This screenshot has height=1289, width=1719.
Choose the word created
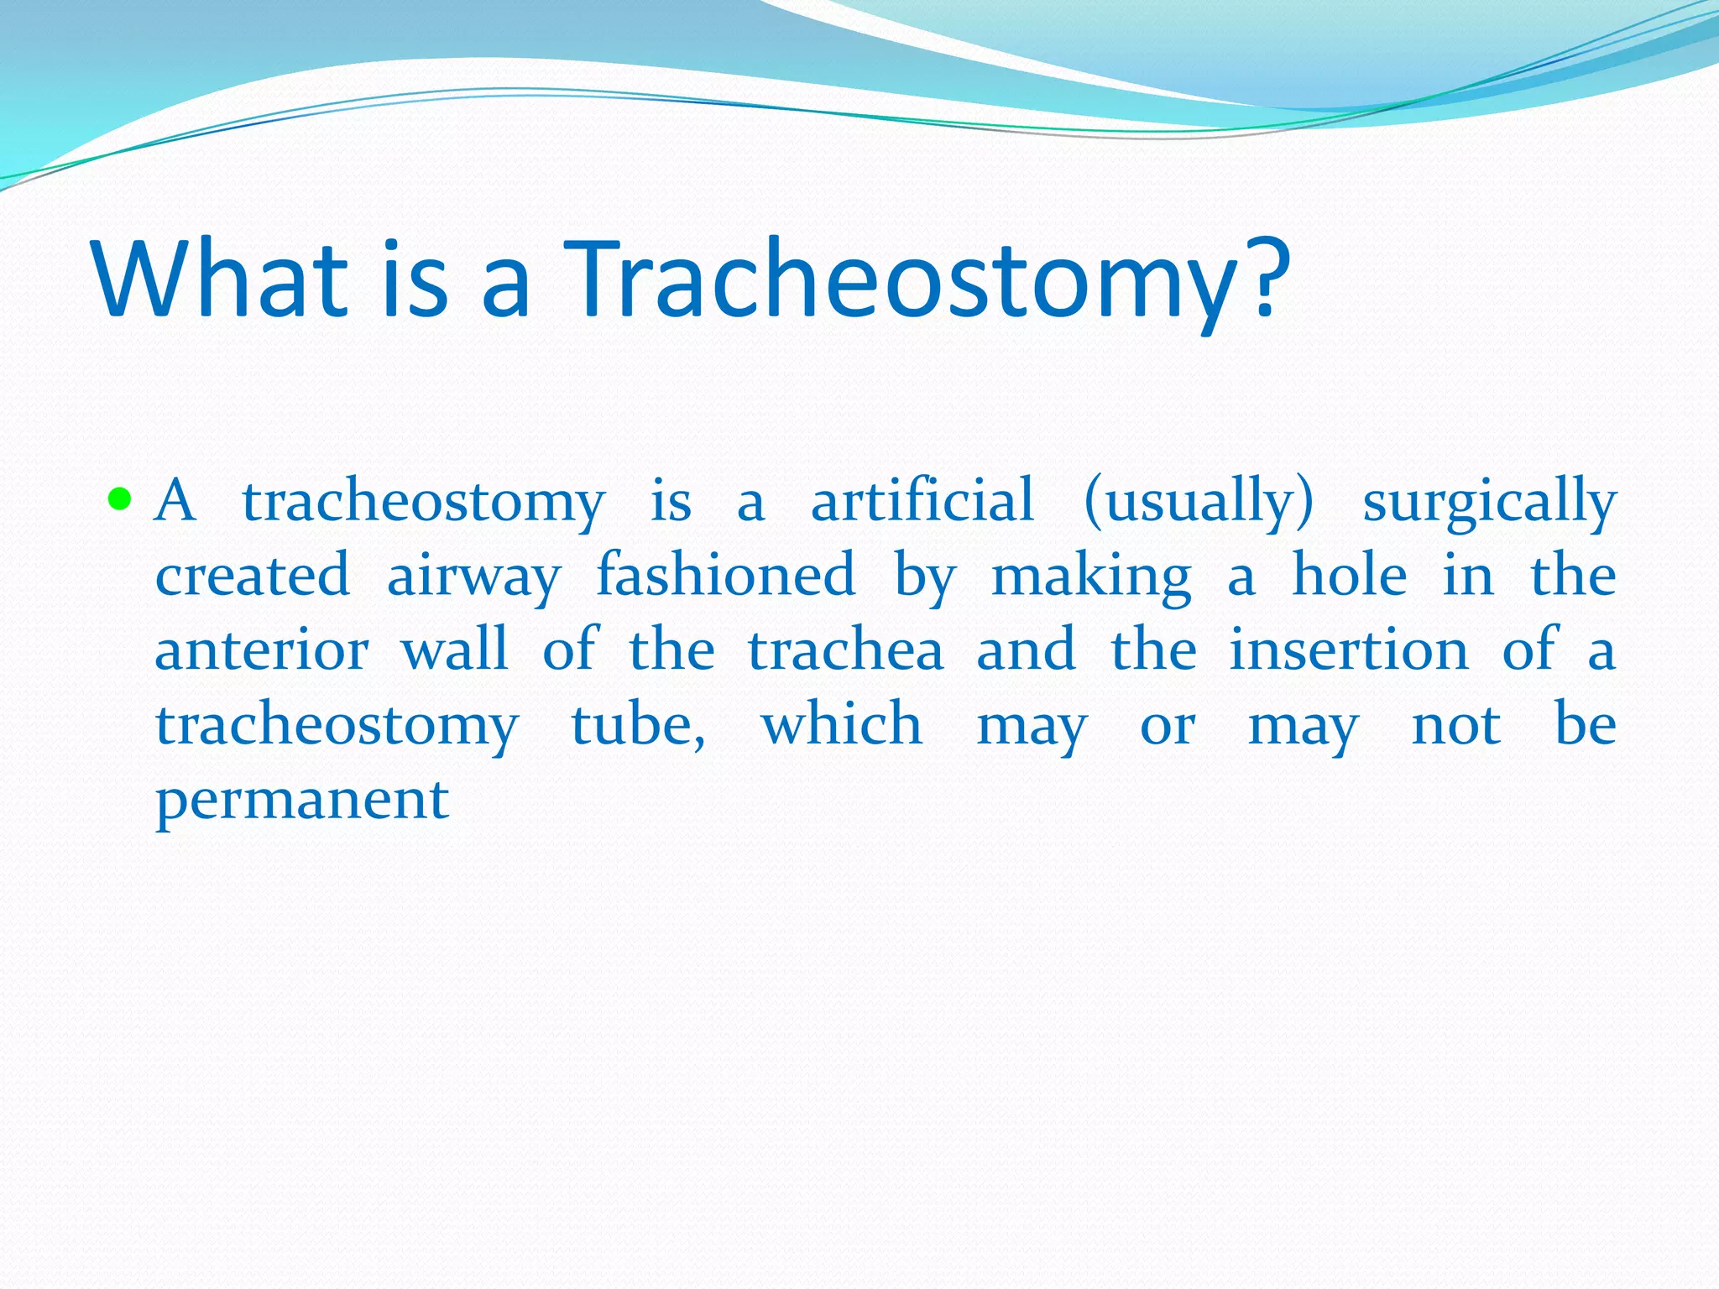point(252,576)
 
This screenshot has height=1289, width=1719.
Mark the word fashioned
point(725,576)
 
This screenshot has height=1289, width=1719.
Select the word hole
point(1349,576)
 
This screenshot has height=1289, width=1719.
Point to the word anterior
point(261,651)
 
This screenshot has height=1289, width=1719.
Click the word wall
point(454,650)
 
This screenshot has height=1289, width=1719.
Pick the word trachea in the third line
point(845,651)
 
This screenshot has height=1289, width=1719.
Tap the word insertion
point(1349,651)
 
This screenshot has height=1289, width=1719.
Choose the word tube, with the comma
point(638,726)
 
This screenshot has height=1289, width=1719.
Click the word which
point(842,724)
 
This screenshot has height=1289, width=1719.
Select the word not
point(1455,726)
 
